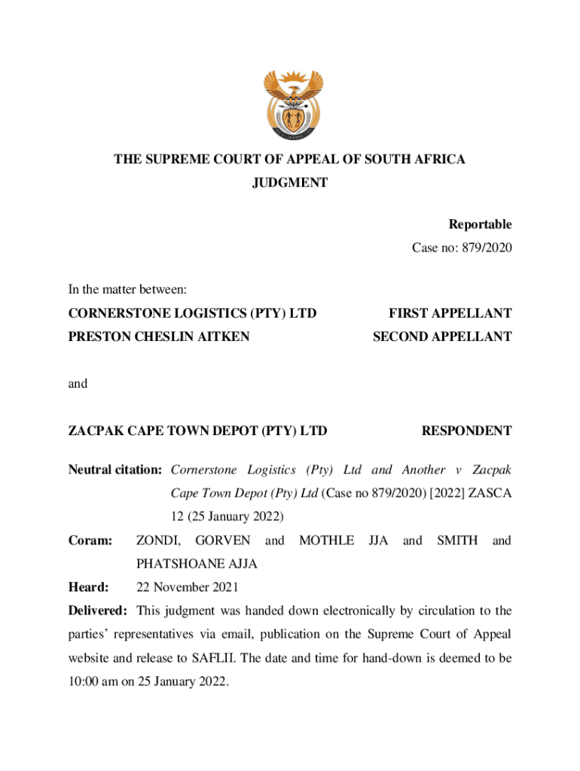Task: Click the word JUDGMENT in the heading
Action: tap(290, 183)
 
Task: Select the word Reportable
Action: tap(480, 224)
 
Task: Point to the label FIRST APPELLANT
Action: tap(450, 313)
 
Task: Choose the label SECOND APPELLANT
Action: tap(442, 337)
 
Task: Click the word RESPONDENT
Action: tap(466, 431)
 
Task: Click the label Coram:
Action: tap(90, 541)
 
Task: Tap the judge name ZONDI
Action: tap(158, 541)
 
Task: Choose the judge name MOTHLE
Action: tap(326, 541)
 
